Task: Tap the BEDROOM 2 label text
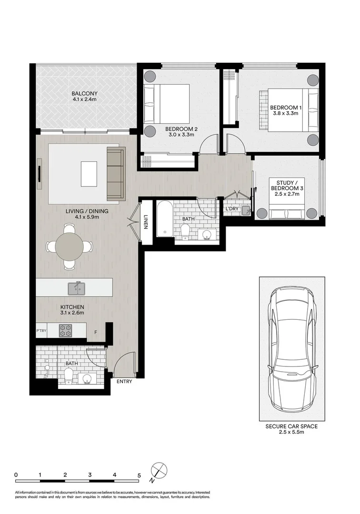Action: click(181, 129)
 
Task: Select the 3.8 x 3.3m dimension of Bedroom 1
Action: click(286, 114)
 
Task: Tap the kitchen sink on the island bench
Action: click(77, 287)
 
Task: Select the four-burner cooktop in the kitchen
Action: click(65, 330)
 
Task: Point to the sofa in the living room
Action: click(115, 174)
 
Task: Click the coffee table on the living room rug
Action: click(89, 174)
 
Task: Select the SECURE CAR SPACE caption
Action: click(291, 427)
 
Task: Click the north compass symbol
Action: click(160, 470)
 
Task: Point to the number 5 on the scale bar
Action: click(139, 474)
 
